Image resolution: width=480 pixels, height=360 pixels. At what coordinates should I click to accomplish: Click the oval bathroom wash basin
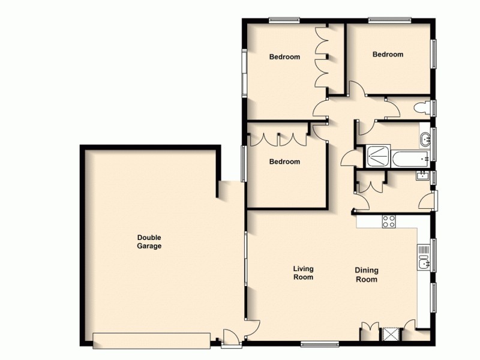[425, 139]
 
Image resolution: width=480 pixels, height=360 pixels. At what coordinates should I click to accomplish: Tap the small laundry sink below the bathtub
[422, 176]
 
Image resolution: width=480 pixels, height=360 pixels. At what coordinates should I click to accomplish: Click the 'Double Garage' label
[149, 242]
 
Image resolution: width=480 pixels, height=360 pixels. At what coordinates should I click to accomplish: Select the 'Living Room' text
[303, 273]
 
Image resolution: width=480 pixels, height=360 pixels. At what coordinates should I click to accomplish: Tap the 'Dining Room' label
[367, 275]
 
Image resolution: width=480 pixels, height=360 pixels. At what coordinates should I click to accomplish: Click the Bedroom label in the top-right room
[388, 55]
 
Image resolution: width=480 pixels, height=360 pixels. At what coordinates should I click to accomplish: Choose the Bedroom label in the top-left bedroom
[284, 57]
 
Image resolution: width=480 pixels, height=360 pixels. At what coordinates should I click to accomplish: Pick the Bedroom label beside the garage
[284, 161]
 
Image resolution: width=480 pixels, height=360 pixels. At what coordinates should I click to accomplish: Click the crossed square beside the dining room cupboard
[390, 334]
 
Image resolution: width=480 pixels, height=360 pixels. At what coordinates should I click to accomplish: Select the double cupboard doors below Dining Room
[370, 330]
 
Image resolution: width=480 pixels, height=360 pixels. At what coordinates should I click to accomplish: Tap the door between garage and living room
[253, 327]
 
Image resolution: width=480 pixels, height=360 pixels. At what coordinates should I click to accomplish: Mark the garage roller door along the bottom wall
[152, 340]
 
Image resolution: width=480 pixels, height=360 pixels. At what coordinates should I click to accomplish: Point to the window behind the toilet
[434, 108]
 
